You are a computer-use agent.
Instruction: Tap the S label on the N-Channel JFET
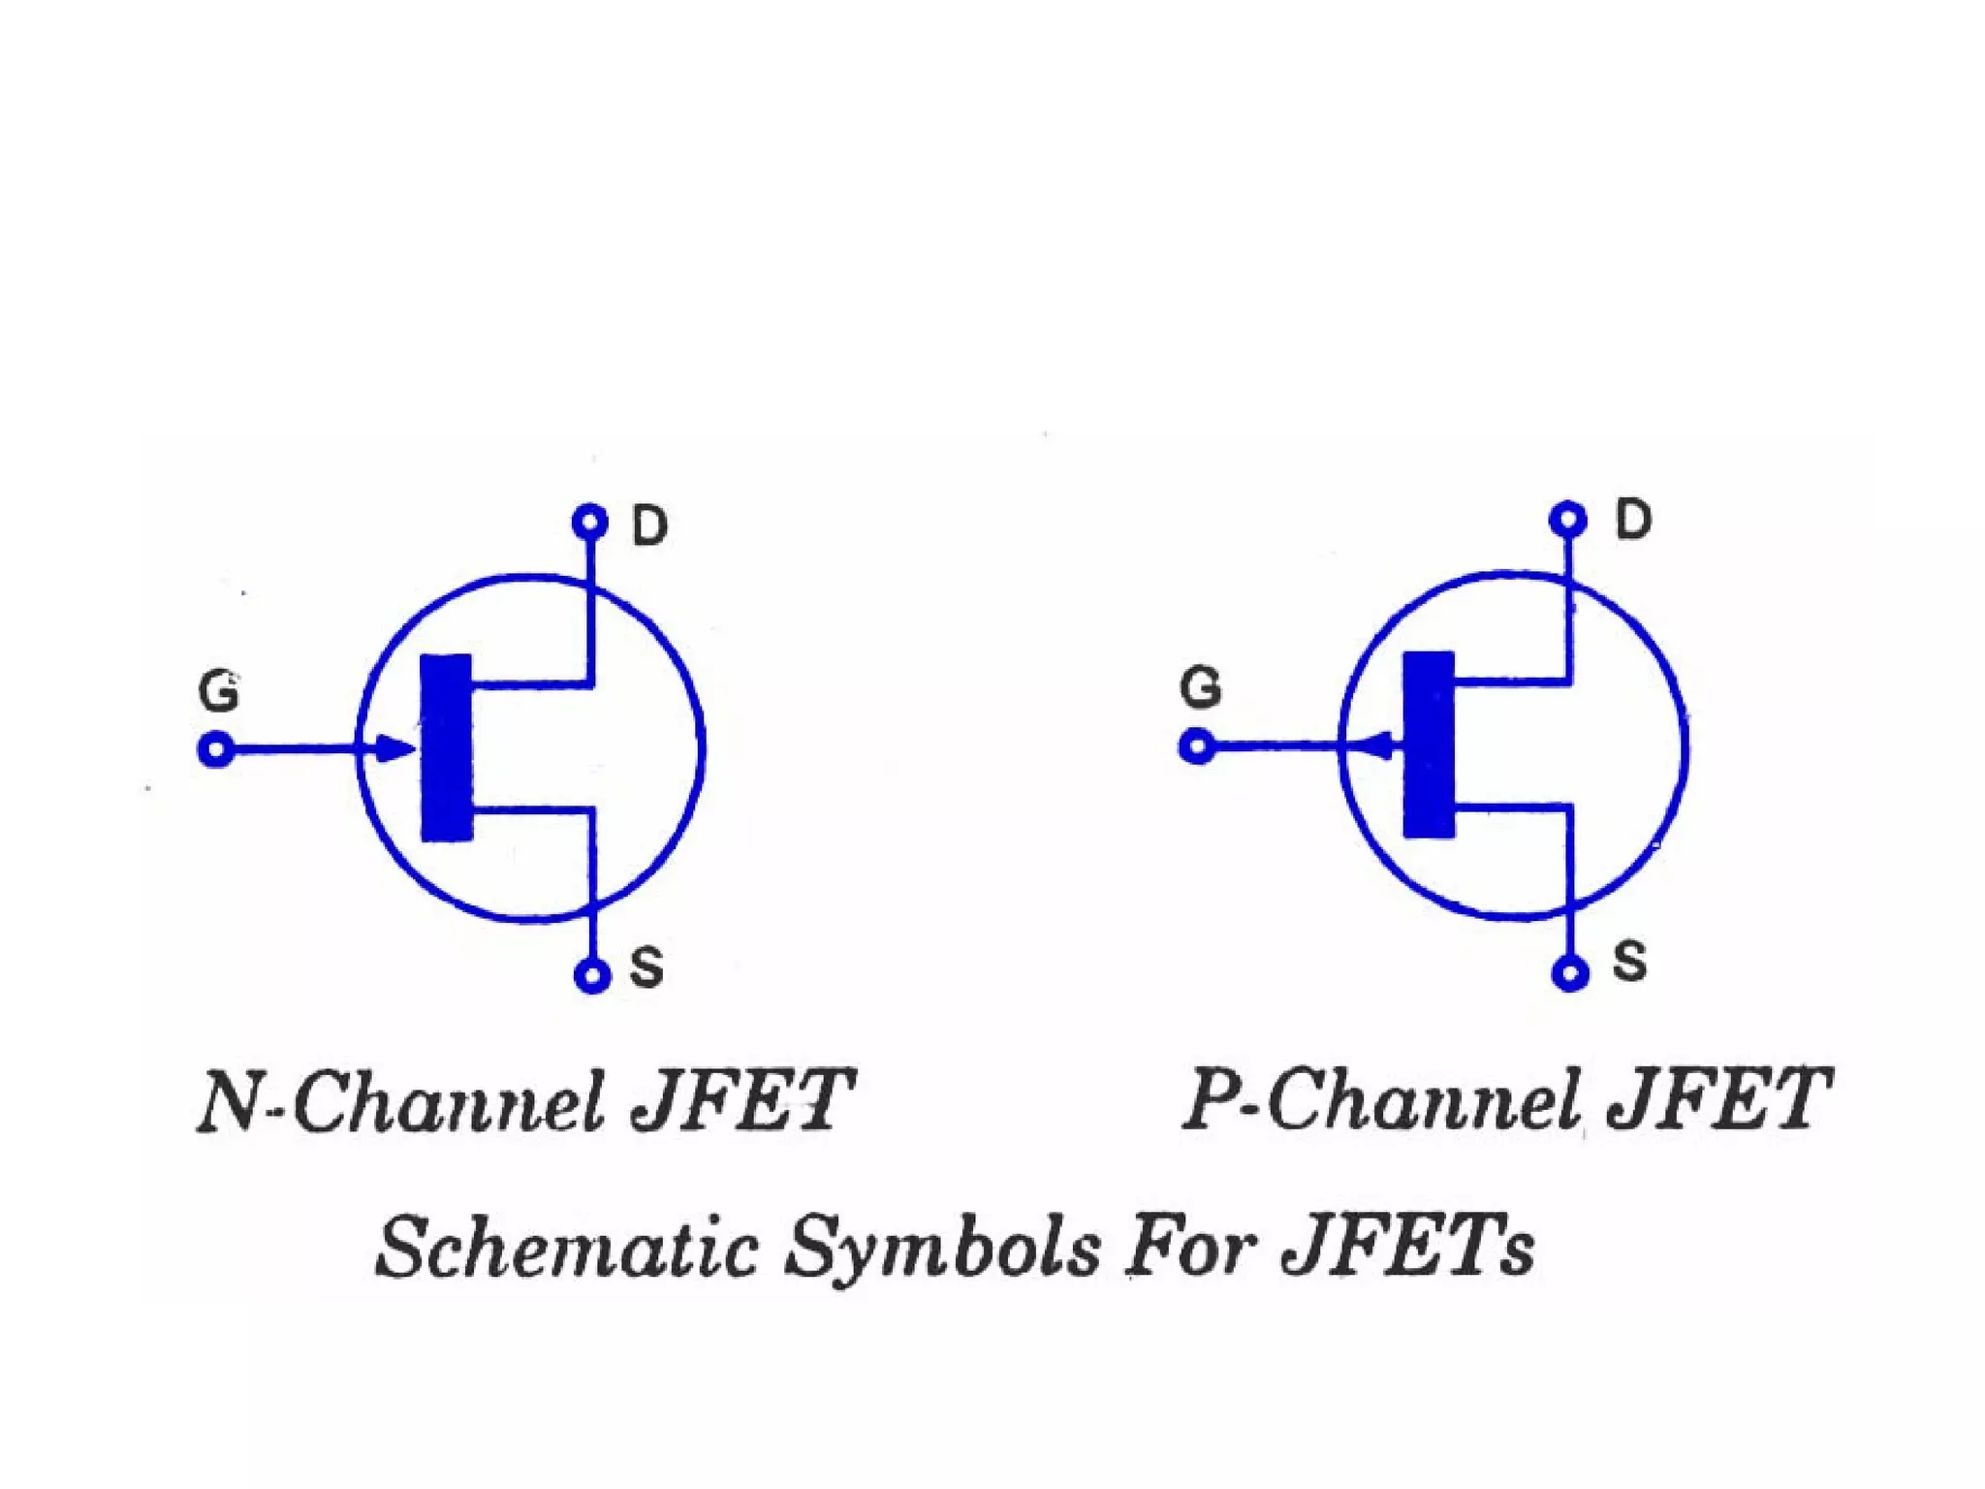click(646, 967)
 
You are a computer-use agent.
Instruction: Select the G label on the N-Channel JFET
click(218, 692)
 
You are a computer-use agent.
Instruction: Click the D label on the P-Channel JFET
click(1632, 520)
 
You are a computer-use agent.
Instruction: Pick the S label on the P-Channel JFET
click(1629, 962)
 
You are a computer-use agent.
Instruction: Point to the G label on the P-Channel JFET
click(1201, 687)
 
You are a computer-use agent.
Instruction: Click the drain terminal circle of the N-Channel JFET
click(589, 523)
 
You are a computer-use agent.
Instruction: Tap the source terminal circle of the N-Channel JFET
click(592, 975)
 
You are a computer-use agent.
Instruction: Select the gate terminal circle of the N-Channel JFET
click(216, 749)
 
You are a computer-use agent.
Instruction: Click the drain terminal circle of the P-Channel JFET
click(1568, 519)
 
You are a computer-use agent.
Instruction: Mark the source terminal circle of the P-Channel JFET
click(1570, 972)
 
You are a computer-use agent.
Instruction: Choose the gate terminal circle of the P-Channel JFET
click(1198, 746)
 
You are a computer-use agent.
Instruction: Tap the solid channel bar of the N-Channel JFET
click(446, 747)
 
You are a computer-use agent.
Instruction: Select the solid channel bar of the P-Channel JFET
click(1430, 744)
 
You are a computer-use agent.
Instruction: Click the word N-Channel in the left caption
click(401, 1101)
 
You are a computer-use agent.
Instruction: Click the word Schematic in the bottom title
click(566, 1247)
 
